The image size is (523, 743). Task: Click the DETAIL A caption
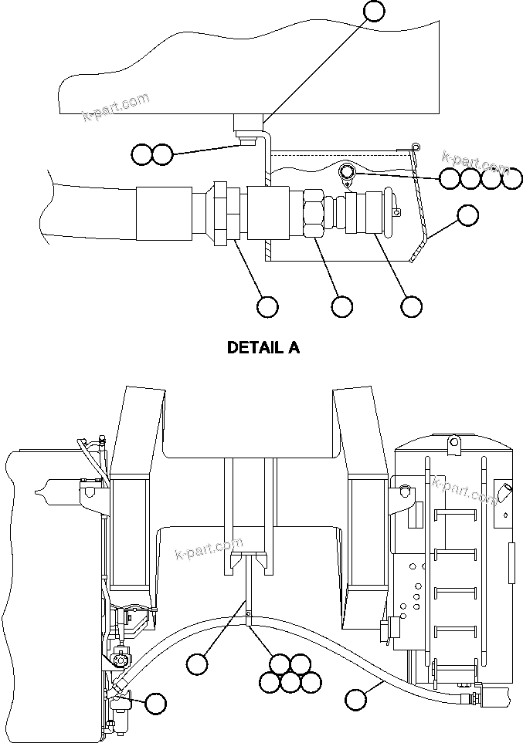click(x=263, y=347)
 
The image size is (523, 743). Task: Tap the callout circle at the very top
click(x=374, y=10)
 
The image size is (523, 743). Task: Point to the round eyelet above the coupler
click(x=347, y=171)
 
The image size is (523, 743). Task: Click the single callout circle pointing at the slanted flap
click(x=467, y=216)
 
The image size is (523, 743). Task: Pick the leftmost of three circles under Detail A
click(x=267, y=306)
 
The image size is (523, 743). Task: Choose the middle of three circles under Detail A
click(x=341, y=306)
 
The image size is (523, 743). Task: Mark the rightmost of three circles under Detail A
click(x=411, y=306)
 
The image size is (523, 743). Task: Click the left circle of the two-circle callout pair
click(x=141, y=154)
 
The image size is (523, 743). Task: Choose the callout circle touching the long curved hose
click(x=355, y=700)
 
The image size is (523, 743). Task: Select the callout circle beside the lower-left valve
click(x=156, y=703)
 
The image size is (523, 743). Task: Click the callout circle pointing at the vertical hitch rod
click(x=198, y=663)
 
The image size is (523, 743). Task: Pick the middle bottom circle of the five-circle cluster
click(x=290, y=682)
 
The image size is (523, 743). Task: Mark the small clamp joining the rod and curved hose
click(x=249, y=614)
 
